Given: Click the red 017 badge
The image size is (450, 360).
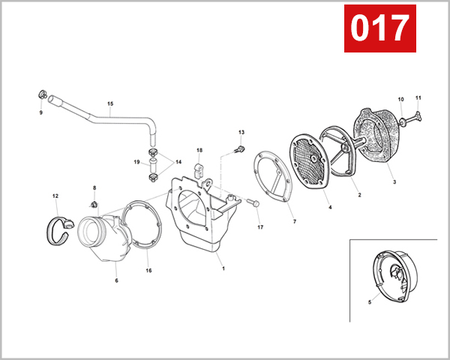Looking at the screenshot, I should pos(380,28).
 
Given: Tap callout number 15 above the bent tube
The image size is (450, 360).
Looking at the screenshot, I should pos(110,103).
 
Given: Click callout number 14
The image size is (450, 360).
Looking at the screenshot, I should pos(178,161).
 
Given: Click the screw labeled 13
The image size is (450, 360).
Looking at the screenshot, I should pos(239,148).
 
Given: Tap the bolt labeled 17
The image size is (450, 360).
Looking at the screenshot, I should pos(253,202).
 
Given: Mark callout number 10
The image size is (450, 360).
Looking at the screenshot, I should pos(400,99).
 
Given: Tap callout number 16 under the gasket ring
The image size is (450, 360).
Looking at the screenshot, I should pos(148,270).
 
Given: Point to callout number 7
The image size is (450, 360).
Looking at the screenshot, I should pos(294,223).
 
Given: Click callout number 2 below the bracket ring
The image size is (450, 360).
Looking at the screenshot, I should pos(359,196).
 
